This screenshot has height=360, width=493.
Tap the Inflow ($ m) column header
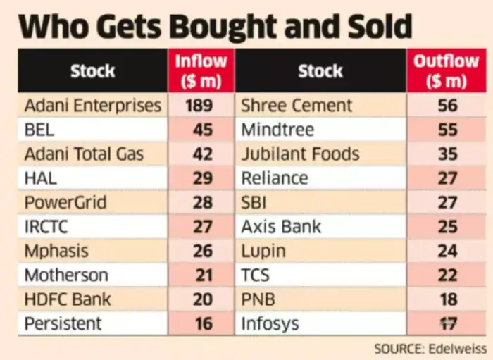[x=202, y=70]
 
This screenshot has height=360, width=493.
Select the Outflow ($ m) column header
[x=447, y=70]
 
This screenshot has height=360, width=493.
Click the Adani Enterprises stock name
[x=92, y=106]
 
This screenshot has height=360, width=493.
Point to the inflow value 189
[x=202, y=106]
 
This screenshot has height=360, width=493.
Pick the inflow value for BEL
[x=202, y=130]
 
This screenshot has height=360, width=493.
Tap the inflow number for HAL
[x=202, y=178]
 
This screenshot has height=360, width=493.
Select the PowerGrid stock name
[x=65, y=203]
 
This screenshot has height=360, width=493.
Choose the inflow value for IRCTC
[x=202, y=227]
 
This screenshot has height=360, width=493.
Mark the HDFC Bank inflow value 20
[x=202, y=299]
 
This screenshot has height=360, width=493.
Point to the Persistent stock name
[x=63, y=324]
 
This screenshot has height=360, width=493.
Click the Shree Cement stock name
[x=297, y=106]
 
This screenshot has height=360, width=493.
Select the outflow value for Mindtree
[x=447, y=130]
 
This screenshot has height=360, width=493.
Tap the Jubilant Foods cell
[x=300, y=154]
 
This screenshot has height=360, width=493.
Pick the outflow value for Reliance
[x=447, y=178]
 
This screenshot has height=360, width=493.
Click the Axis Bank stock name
[x=281, y=227]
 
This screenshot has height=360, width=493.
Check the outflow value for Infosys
[x=447, y=324]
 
